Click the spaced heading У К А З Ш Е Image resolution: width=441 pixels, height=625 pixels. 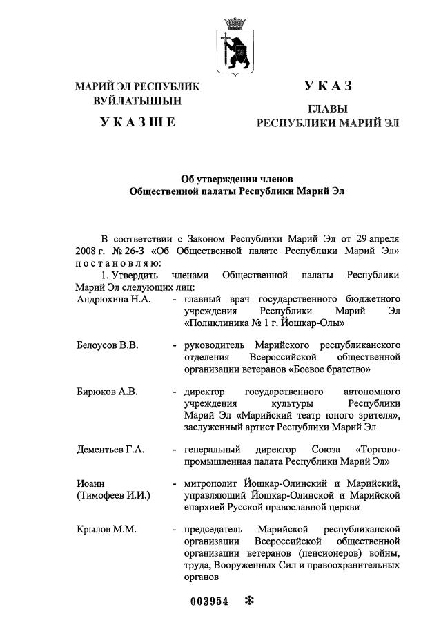(138, 122)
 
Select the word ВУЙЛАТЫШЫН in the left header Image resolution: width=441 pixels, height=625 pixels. (138, 101)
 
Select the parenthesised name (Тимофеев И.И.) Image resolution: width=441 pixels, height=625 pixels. (114, 495)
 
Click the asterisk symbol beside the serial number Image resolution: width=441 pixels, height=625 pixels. (249, 600)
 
